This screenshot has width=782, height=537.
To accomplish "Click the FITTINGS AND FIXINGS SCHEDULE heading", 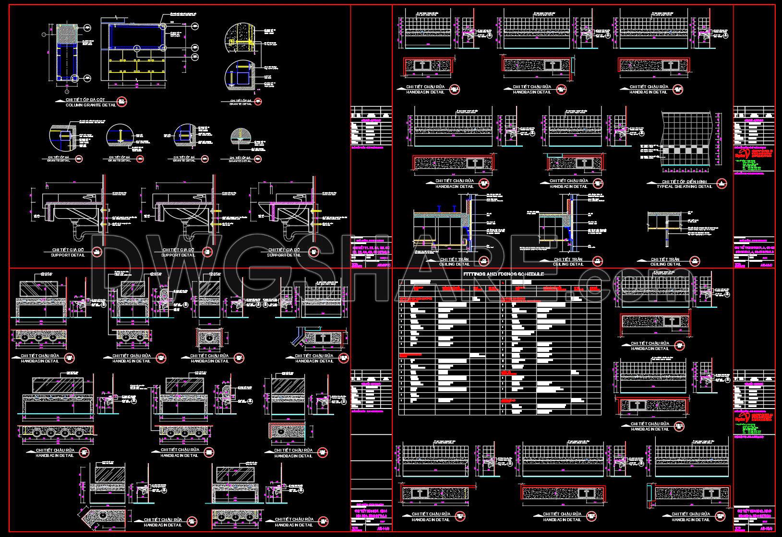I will [504, 274].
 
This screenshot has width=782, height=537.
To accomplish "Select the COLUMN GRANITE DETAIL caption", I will [91, 105].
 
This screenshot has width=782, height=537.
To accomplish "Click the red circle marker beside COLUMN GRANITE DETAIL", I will [121, 102].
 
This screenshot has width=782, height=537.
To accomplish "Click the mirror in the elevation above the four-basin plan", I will [58, 384].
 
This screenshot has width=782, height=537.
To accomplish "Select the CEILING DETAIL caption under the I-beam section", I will [455, 264].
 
